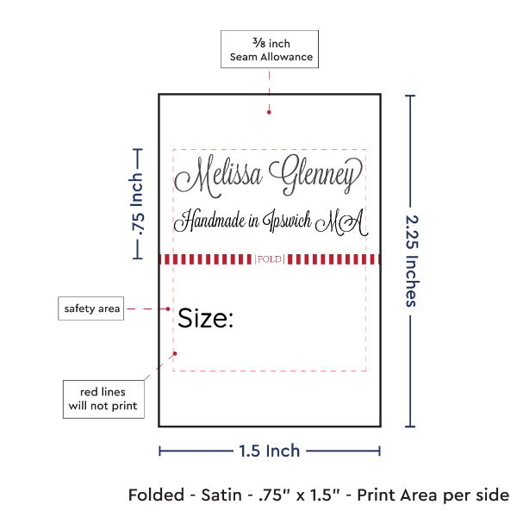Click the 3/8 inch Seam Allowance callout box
coord(270,49)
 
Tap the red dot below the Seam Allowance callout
coord(269,112)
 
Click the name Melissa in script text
coord(218,177)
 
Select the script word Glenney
coord(315,175)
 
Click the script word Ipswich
coord(287,221)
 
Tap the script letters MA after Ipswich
coord(341,222)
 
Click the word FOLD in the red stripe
coord(270,259)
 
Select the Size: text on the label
coord(206,318)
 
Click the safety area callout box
coord(91,308)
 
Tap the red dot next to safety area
coord(168,308)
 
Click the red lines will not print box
coord(103,399)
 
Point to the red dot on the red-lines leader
coord(175,353)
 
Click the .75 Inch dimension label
coord(137,204)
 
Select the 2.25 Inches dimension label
coord(412,261)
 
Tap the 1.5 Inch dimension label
coord(270,451)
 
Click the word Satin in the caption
coord(221,495)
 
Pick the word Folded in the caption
coord(156,495)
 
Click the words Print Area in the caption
coord(398,495)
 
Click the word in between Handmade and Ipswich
coord(253,221)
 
